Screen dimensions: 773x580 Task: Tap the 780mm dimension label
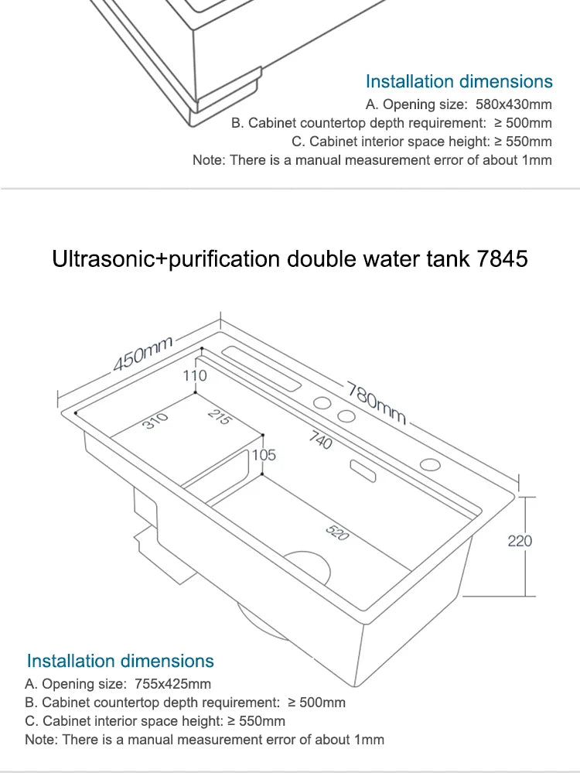pyautogui.click(x=377, y=402)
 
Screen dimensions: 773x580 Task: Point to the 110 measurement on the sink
pyautogui.click(x=195, y=375)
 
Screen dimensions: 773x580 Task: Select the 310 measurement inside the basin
pyautogui.click(x=155, y=422)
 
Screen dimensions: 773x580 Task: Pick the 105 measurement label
pyautogui.click(x=264, y=455)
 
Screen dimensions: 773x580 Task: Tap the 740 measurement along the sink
pyautogui.click(x=321, y=441)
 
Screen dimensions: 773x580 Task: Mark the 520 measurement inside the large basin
pyautogui.click(x=337, y=533)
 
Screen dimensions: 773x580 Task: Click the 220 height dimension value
pyautogui.click(x=520, y=541)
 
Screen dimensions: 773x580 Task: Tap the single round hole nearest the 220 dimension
pyautogui.click(x=430, y=465)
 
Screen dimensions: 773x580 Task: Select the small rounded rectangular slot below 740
pyautogui.click(x=362, y=469)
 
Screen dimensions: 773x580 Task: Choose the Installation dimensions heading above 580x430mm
pyautogui.click(x=459, y=81)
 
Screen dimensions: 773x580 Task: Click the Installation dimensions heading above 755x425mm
pyautogui.click(x=120, y=661)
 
